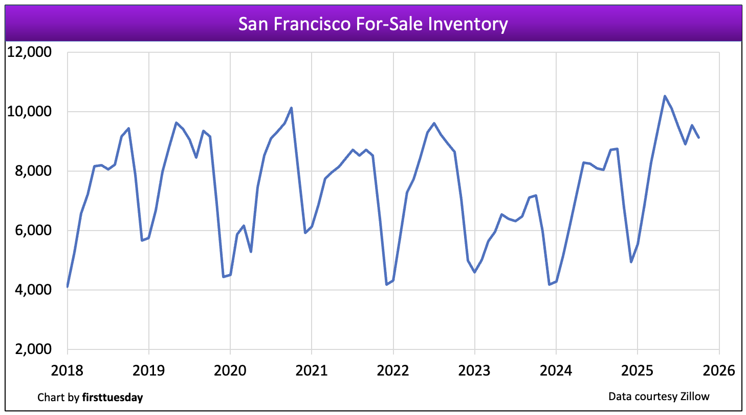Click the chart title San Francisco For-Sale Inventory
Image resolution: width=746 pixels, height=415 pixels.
point(373,24)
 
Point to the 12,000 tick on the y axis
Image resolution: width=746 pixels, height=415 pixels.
point(31,52)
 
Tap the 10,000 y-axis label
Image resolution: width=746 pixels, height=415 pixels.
point(31,112)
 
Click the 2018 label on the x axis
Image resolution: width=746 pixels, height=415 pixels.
point(67,370)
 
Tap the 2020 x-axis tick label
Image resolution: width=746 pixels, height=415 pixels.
point(230,370)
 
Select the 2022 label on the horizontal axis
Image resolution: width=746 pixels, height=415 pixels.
point(393,370)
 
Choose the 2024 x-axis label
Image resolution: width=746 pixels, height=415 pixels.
point(556,370)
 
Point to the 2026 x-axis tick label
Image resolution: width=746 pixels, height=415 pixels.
point(719,370)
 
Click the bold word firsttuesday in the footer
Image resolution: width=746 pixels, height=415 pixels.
point(113,398)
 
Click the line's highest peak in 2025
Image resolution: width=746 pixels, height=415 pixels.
point(665,96)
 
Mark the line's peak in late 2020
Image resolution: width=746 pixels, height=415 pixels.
point(291,108)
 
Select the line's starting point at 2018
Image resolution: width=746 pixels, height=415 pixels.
point(68,286)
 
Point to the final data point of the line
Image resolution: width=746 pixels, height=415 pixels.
point(698,137)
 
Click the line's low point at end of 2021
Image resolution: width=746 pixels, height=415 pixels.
point(386,284)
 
